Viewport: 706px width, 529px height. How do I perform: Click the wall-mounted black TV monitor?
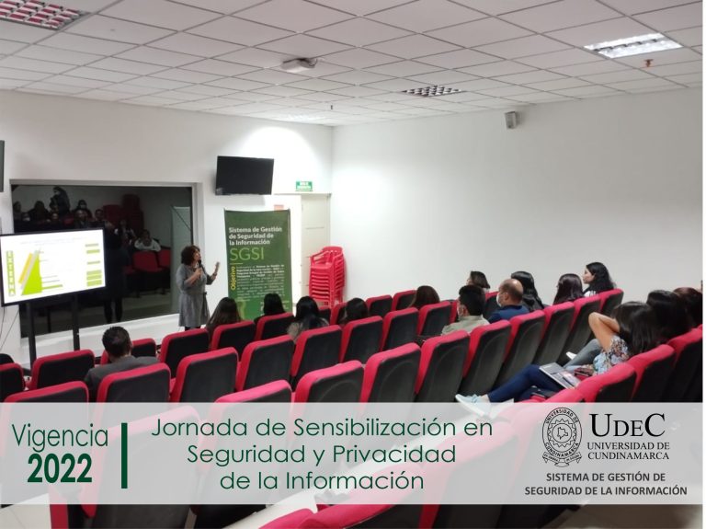(x=245, y=175)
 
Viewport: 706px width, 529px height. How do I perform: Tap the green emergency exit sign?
(x=303, y=186)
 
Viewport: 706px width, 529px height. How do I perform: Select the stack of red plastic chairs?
(x=326, y=275)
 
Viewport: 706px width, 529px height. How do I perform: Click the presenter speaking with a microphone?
(x=194, y=286)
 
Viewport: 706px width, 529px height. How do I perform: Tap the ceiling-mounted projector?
(x=299, y=65)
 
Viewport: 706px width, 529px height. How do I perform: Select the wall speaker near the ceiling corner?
(x=511, y=120)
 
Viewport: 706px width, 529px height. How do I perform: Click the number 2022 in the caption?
(x=60, y=468)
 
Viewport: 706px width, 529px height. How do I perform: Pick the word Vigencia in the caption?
(x=60, y=435)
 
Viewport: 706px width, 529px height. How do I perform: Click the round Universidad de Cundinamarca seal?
(x=562, y=437)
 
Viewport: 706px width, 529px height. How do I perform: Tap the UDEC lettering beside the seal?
(x=628, y=425)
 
